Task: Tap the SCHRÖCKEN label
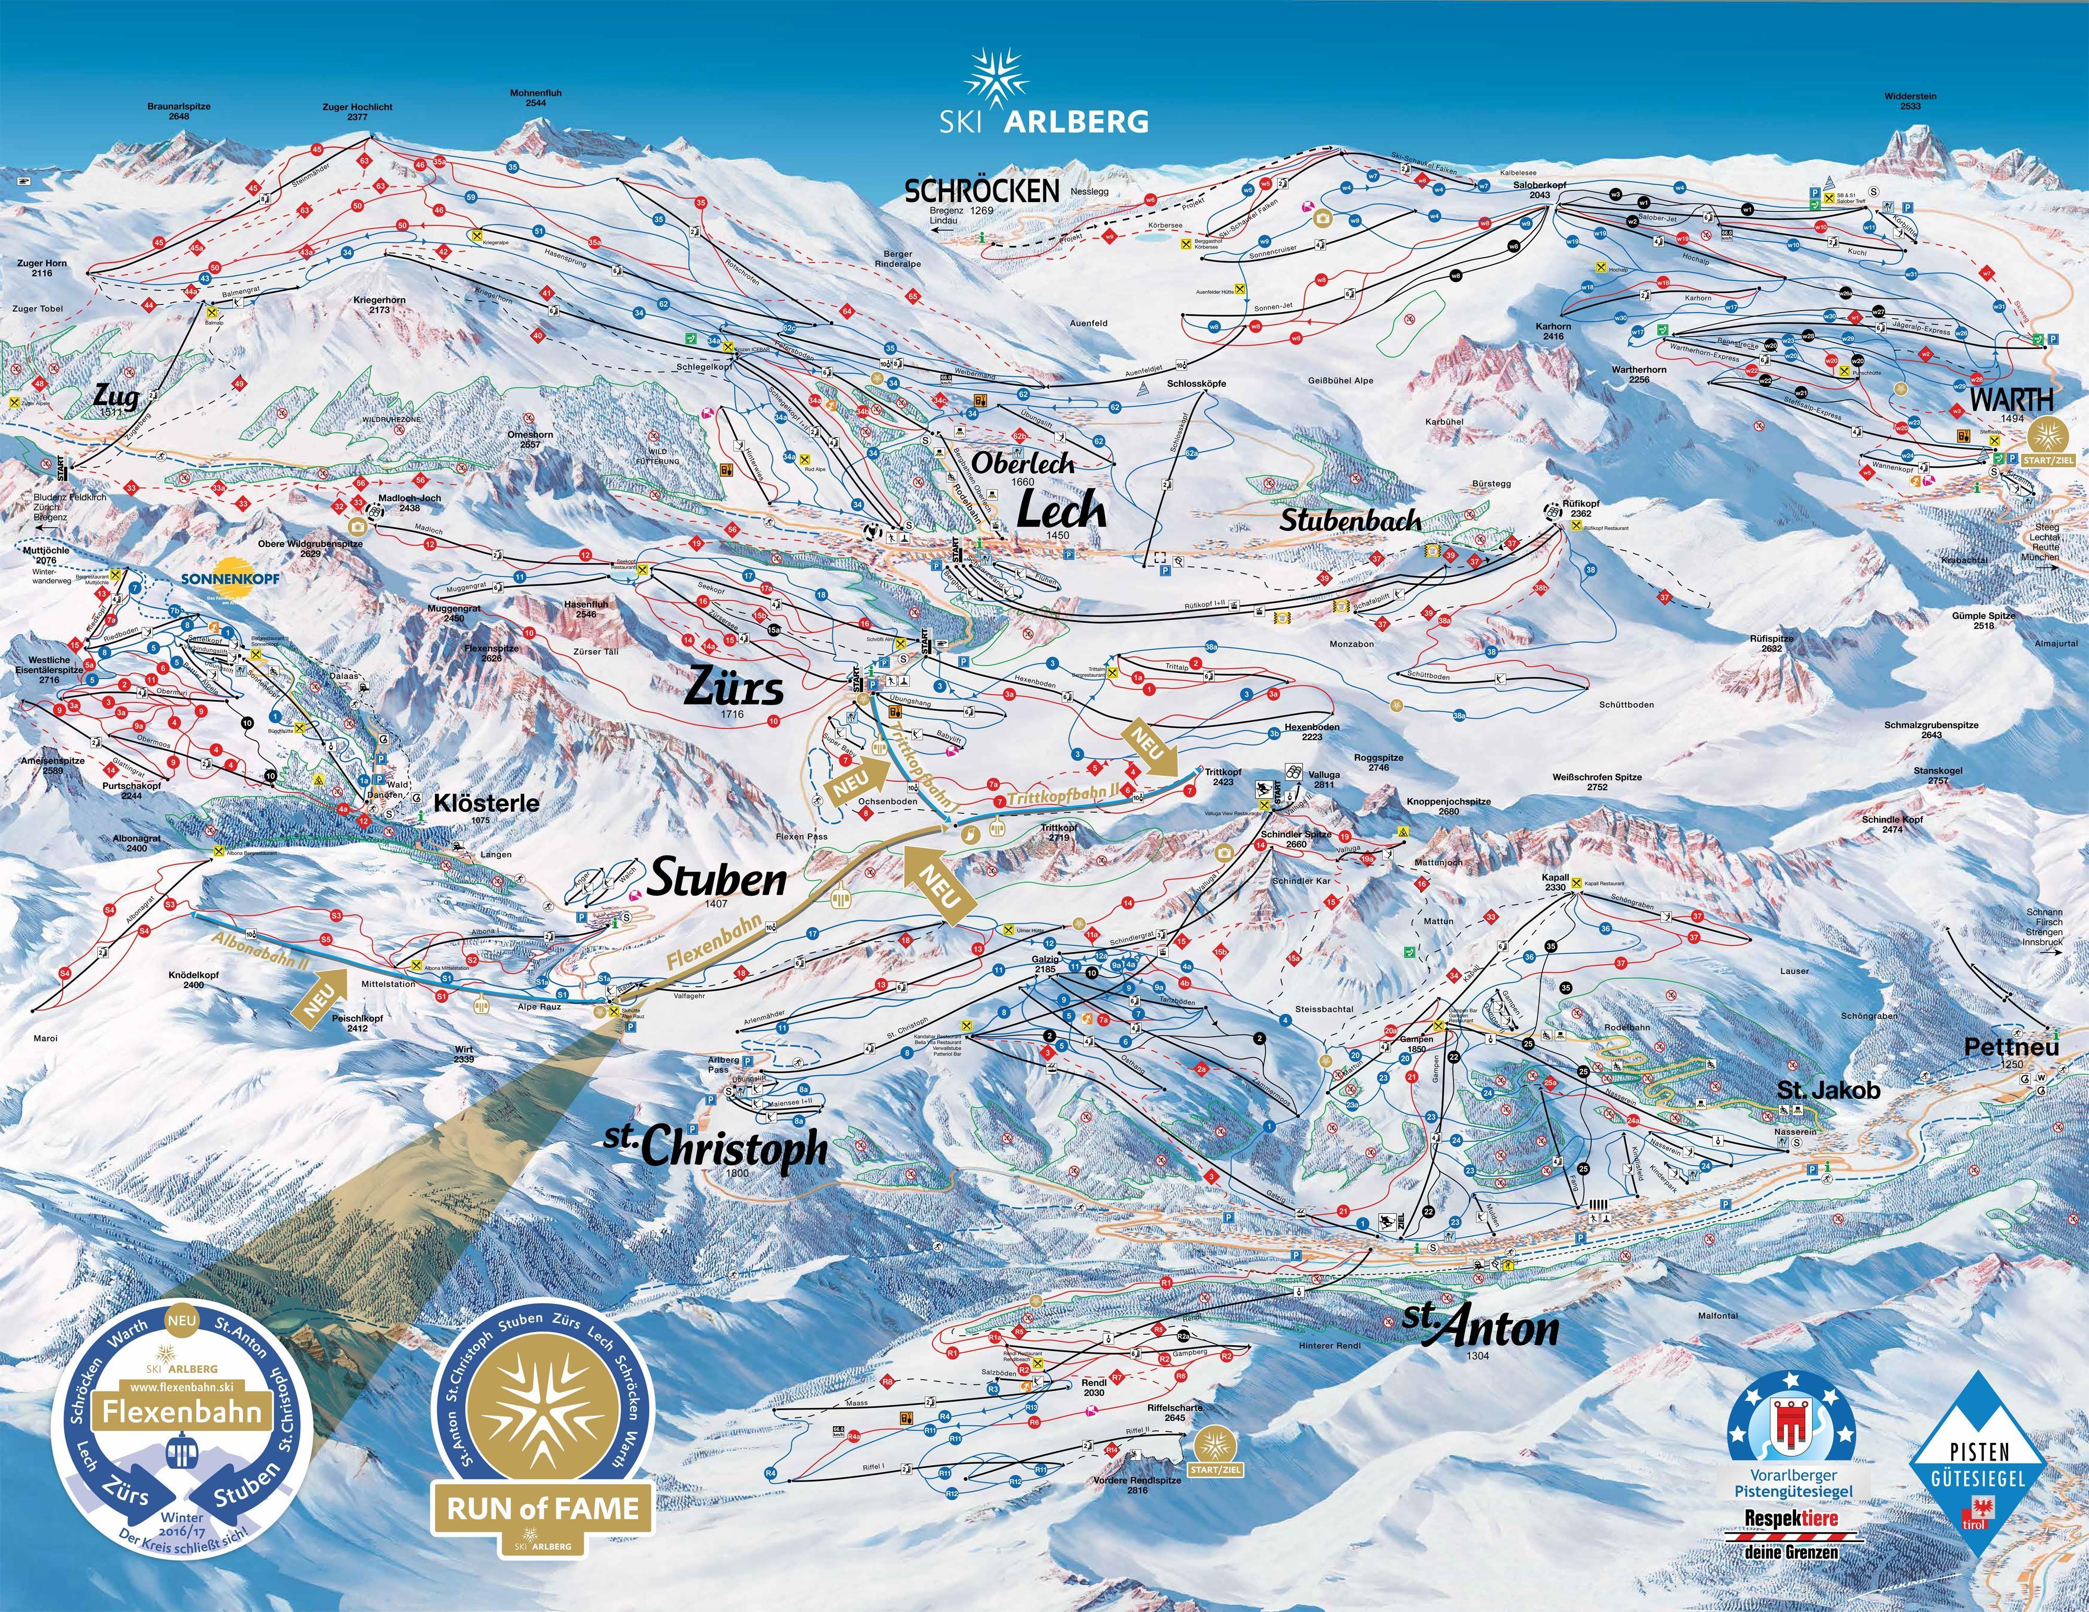pyautogui.click(x=982, y=191)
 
